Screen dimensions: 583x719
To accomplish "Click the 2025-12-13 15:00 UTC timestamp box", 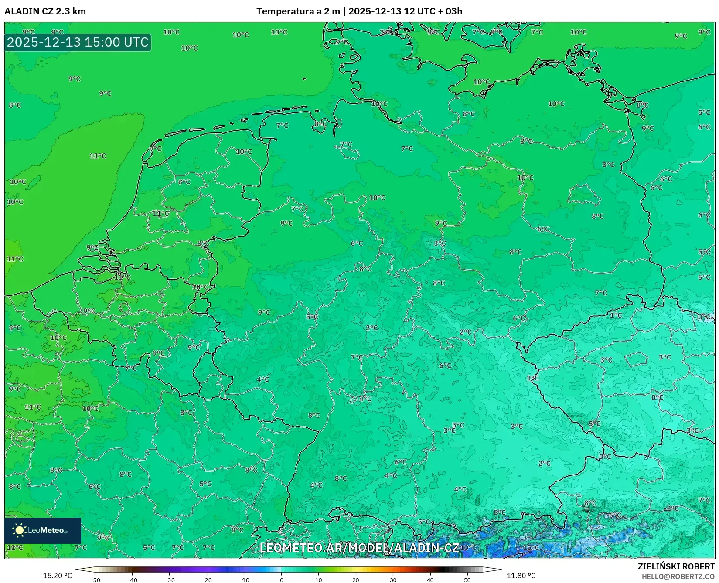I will pos(78,42).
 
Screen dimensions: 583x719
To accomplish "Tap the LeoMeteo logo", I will pos(42,530).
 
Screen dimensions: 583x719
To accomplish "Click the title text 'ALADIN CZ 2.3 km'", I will pos(45,11).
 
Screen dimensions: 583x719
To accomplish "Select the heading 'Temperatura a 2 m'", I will pos(298,11).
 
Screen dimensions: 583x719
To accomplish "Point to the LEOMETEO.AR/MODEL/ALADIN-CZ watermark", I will pos(359,548).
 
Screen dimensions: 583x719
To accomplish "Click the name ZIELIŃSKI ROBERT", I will pos(676,566).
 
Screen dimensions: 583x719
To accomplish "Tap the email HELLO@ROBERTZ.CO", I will pos(678,576).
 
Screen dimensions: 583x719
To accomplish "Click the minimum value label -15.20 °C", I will pos(56,576).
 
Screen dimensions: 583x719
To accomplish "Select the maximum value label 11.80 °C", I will pos(521,576).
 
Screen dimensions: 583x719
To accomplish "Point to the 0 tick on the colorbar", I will pos(282,580).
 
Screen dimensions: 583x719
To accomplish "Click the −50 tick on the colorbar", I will pos(95,580).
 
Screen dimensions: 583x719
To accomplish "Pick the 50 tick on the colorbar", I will pos(467,580).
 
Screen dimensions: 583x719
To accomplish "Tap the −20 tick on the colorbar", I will pos(207,580).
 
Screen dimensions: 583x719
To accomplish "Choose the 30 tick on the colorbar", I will pos(393,580).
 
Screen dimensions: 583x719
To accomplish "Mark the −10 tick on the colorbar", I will pos(244,580).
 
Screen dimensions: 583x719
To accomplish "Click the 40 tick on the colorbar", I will pos(430,580).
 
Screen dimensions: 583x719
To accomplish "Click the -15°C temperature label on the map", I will pos(530,547).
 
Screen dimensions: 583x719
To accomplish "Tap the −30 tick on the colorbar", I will pos(170,580).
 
